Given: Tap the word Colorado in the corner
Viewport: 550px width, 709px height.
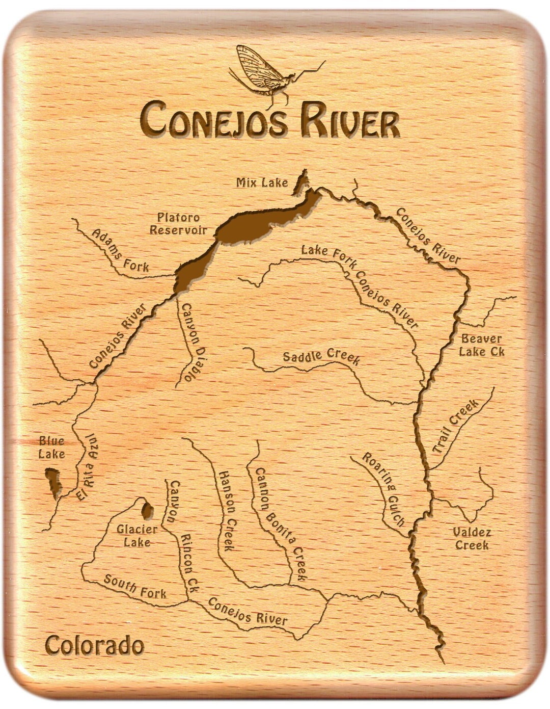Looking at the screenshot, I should tap(94, 646).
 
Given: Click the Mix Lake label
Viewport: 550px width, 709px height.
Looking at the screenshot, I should tap(262, 182).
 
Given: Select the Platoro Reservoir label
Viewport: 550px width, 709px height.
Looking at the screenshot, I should tap(178, 224).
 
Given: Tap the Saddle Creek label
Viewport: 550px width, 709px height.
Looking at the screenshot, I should tap(321, 356).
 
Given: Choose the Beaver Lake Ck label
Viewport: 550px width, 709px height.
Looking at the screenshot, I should tap(481, 345).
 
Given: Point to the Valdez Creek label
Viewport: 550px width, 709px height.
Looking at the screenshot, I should tap(472, 539).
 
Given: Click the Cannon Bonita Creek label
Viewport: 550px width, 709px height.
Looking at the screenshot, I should tap(280, 525).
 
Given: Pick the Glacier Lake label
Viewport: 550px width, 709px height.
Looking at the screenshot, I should tap(137, 536).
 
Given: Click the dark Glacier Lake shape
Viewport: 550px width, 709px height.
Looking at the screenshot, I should tap(148, 509).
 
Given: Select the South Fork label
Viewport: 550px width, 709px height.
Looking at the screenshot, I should tap(135, 586).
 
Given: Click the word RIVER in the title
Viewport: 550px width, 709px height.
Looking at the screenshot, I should tap(349, 121).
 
